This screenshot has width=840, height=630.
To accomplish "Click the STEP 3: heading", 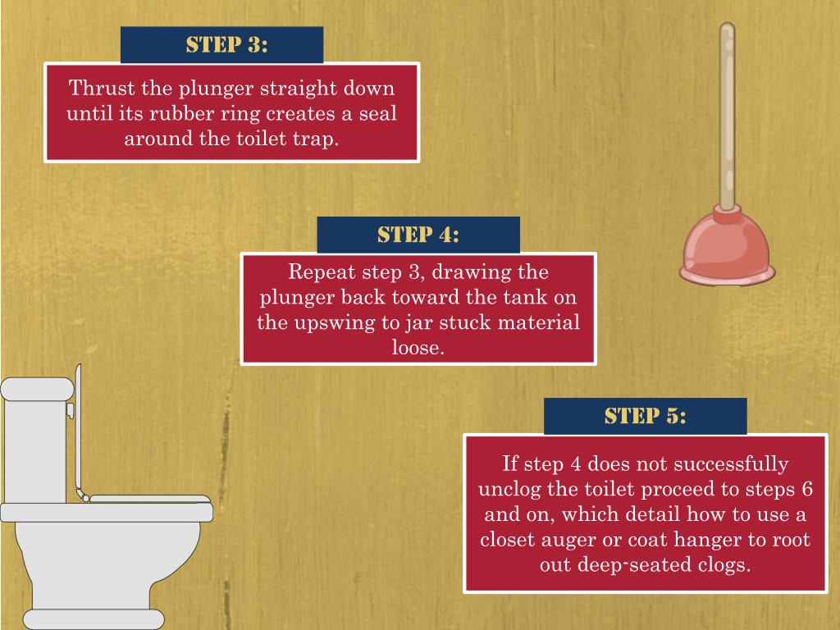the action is point(226,44).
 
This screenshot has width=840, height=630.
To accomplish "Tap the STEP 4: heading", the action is point(418,235).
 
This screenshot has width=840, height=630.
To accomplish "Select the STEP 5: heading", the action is point(645,416).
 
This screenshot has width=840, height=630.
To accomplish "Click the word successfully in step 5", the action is point(731,464).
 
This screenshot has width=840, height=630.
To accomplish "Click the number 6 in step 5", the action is point(808,489).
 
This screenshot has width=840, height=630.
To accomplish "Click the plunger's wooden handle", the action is point(727,115).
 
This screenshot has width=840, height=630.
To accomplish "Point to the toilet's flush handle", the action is point(71,410).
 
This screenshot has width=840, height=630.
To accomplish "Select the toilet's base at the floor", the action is point(93,619).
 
